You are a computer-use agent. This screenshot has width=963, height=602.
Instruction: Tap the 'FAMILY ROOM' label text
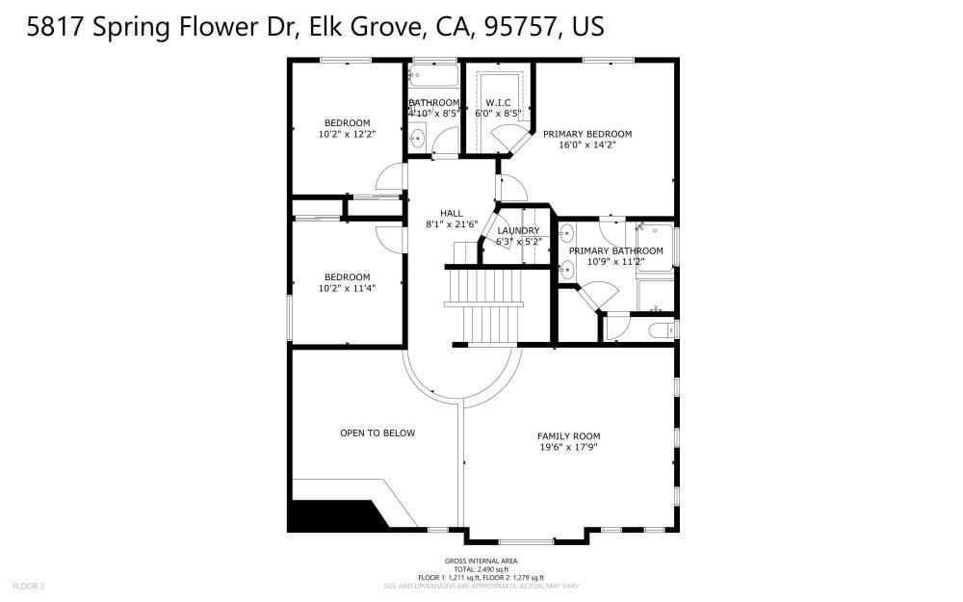[x=568, y=436]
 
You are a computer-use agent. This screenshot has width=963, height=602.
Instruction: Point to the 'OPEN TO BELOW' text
[x=377, y=433]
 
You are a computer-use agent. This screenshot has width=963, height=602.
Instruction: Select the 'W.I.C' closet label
[x=498, y=102]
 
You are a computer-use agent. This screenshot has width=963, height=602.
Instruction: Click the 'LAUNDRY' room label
[x=518, y=231]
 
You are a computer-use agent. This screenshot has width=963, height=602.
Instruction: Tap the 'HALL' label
[x=452, y=213]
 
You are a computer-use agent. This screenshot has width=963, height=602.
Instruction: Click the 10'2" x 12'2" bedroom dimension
[x=347, y=134]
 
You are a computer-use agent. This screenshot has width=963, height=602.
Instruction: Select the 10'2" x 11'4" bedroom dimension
[x=347, y=288]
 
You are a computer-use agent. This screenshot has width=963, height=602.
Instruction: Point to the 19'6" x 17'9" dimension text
[x=568, y=448]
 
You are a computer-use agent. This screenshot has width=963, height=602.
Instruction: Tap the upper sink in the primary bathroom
[x=566, y=232]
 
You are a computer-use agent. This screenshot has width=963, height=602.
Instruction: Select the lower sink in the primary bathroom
[x=566, y=270]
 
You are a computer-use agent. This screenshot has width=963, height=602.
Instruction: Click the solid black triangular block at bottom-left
[x=327, y=515]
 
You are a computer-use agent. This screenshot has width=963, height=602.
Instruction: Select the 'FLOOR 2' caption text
[x=29, y=586]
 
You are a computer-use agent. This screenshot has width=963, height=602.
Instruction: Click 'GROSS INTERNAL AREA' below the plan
[x=481, y=561]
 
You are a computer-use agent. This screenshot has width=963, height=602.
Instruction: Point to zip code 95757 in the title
[x=516, y=26]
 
